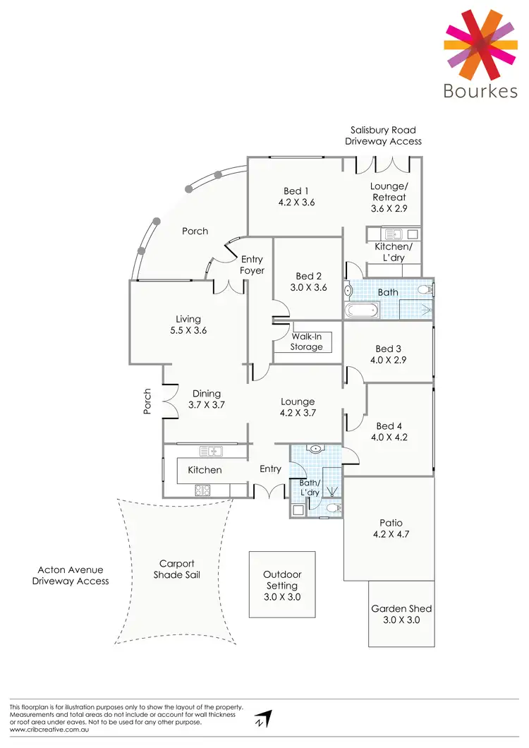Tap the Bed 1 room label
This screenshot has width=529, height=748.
click(296, 191)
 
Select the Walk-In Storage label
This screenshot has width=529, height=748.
click(307, 342)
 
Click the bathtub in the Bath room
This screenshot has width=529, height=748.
click(361, 310)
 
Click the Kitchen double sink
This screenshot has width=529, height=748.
click(211, 451)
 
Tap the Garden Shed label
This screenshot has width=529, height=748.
click(401, 608)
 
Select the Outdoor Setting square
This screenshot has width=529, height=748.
click(281, 585)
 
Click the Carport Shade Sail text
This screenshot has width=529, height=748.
click(176, 569)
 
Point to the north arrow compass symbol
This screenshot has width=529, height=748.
click(264, 719)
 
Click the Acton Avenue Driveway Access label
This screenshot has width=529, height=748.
click(70, 575)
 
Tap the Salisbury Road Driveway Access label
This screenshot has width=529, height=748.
click(383, 135)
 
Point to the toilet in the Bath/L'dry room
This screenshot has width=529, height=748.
click(334, 507)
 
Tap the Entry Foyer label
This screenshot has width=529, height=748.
click(252, 265)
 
